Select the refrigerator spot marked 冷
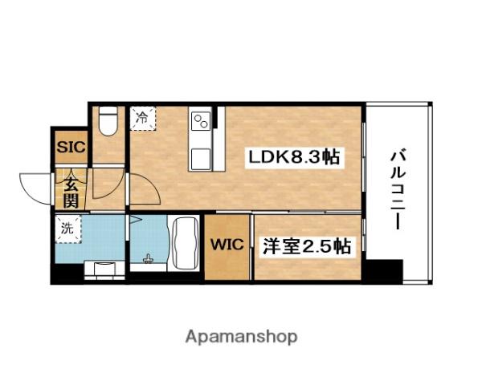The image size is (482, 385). tap(141, 118)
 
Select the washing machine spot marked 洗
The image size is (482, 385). tap(67, 228)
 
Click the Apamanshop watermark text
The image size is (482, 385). tap(240, 336)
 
